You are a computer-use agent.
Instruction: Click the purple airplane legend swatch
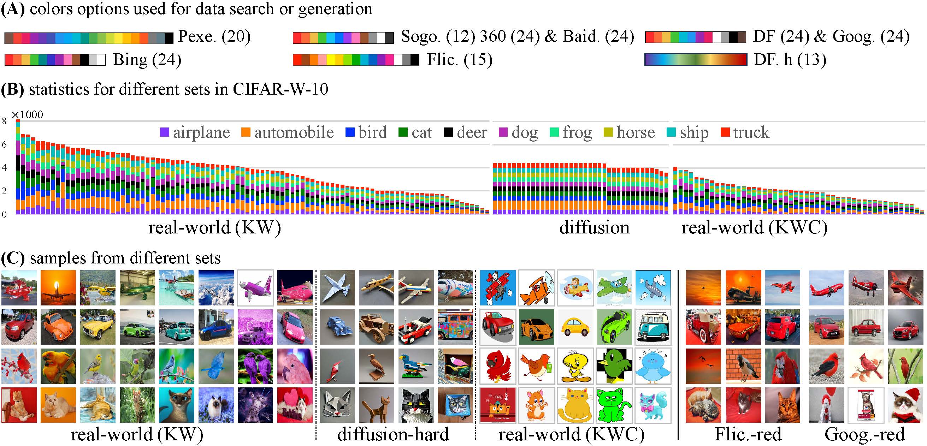165,132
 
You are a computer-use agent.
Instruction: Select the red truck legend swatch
725,132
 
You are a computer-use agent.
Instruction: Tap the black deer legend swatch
448,132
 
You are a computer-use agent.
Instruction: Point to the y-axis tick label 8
4,121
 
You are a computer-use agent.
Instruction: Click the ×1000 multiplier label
27,115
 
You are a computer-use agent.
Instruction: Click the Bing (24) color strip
55,60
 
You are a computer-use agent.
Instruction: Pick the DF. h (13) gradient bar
696,60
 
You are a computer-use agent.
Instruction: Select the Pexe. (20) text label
214,36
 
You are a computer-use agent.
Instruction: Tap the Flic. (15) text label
460,60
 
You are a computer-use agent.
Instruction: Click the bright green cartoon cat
614,405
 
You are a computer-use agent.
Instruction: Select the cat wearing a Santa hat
905,405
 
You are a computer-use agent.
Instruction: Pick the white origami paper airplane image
337,288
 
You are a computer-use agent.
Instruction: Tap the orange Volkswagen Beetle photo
58,327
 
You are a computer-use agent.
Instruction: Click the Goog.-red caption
864,434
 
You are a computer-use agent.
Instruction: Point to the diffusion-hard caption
393,434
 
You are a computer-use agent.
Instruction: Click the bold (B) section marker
13,89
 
